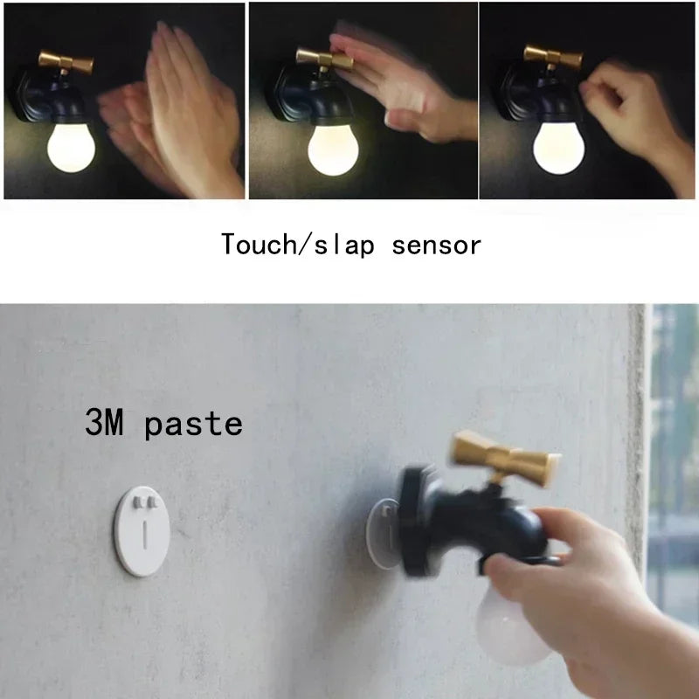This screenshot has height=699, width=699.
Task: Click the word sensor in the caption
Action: tap(437, 244)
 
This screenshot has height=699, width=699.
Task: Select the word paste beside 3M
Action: tap(194, 425)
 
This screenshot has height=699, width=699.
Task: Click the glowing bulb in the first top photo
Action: tap(71, 149)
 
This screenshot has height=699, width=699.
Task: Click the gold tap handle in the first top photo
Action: tap(66, 63)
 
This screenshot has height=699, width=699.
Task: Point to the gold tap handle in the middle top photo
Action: tap(324, 59)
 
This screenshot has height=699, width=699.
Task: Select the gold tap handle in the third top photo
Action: tap(552, 58)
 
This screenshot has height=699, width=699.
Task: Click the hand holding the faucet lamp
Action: tap(568, 577)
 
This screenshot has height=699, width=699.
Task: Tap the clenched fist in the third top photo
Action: tap(620, 105)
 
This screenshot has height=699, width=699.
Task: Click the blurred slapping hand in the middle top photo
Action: tap(411, 87)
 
